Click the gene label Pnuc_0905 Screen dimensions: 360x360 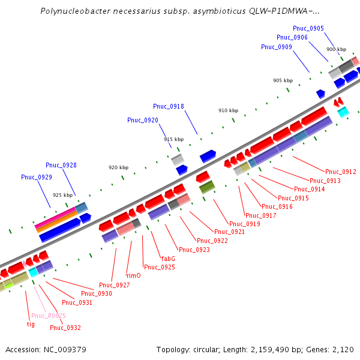(308, 28)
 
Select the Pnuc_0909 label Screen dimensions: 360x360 (277, 47)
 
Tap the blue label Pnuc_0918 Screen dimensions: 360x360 (169, 106)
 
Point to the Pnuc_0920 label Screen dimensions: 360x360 (143, 120)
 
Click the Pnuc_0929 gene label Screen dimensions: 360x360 (37, 177)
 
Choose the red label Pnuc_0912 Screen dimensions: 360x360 (341, 172)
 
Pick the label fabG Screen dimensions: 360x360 (168, 259)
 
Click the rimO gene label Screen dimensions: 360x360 (133, 275)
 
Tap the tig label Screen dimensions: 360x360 (31, 324)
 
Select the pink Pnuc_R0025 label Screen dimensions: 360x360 (49, 316)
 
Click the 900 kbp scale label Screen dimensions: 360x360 (336, 49)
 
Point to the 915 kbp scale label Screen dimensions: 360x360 (173, 139)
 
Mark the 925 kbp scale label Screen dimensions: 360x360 (62, 195)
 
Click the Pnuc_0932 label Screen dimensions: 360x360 (65, 328)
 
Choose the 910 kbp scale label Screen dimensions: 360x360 (228, 110)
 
